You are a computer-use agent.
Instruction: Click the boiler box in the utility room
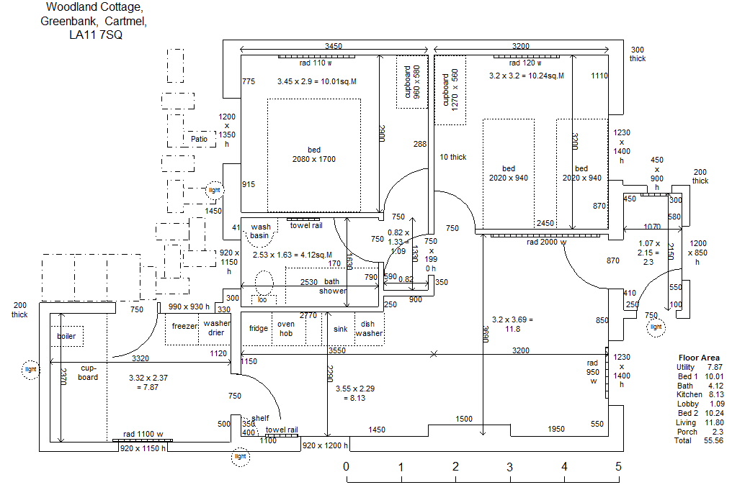(66, 336)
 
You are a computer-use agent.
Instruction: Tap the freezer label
(184, 326)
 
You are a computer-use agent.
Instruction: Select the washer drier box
(216, 328)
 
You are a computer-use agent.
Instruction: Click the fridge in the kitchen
(258, 329)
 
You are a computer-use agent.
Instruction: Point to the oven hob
(286, 329)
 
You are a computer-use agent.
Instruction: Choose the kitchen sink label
(341, 329)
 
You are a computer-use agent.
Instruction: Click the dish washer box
(369, 329)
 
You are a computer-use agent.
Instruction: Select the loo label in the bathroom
(262, 299)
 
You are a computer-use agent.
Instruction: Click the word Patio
(199, 139)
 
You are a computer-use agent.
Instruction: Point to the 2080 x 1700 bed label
(313, 155)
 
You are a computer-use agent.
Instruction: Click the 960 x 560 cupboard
(411, 82)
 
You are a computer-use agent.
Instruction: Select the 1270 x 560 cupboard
(450, 89)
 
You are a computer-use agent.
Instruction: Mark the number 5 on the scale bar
(618, 466)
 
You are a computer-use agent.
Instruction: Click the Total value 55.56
(713, 440)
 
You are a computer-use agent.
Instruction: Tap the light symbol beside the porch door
(656, 327)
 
